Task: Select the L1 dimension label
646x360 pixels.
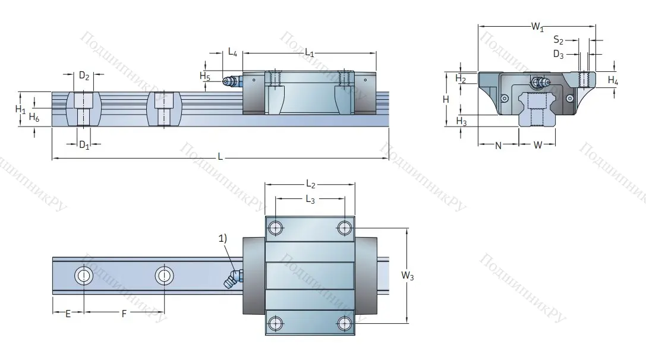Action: coord(310,53)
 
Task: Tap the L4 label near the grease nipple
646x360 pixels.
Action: coord(233,52)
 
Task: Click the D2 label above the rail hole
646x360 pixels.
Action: coord(84,75)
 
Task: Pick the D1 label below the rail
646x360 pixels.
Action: coord(84,145)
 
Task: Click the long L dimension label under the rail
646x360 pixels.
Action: coord(220,157)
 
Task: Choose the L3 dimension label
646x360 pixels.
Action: coord(310,200)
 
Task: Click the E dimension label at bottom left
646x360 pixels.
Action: coord(68,314)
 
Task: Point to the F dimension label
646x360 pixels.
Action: coord(124,314)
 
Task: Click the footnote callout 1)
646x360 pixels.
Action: coord(222,238)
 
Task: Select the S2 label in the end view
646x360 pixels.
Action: coord(558,40)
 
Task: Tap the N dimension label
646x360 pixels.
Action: coord(498,145)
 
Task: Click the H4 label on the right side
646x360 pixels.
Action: coord(613,80)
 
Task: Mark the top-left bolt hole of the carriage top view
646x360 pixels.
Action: coord(276,227)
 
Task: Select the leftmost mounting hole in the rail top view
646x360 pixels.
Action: coord(83,276)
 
